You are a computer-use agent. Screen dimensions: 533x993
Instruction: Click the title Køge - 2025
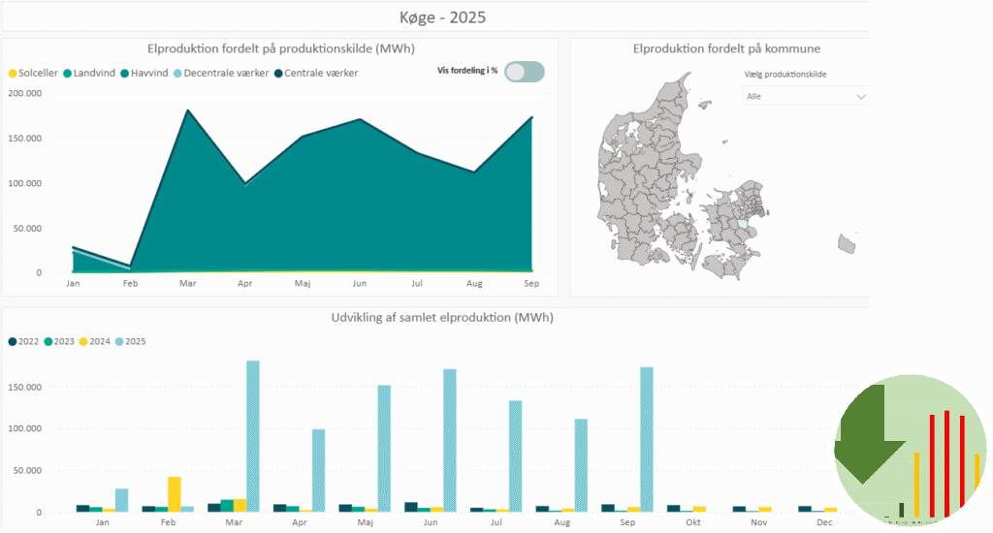click(x=442, y=17)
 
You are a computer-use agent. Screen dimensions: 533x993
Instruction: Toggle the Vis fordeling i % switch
click(x=525, y=71)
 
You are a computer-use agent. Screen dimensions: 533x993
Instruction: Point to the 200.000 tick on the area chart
click(x=25, y=93)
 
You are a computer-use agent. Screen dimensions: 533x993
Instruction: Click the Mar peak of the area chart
click(x=186, y=110)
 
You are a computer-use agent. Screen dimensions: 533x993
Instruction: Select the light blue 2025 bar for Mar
click(x=253, y=436)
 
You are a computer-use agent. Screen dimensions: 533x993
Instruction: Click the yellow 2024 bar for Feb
click(x=175, y=493)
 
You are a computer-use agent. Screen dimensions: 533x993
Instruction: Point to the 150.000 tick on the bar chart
click(x=25, y=387)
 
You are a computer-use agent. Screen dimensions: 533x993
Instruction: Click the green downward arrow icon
click(x=861, y=433)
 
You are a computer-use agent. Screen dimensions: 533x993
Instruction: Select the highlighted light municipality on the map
click(x=743, y=222)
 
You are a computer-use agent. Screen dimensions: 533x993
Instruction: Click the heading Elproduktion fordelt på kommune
click(x=726, y=48)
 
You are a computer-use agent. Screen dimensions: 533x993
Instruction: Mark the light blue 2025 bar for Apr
click(x=318, y=470)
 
